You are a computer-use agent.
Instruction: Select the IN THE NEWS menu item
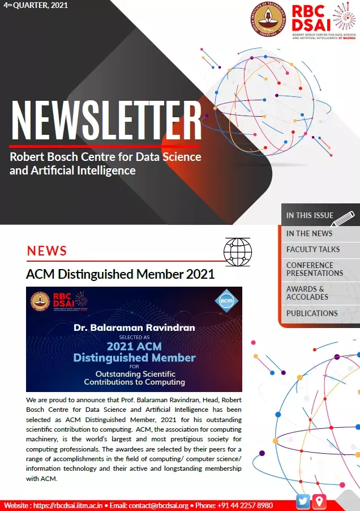(x=309, y=233)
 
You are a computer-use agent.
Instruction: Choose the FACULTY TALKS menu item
(x=313, y=249)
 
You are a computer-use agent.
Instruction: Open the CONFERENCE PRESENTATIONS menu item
(x=314, y=269)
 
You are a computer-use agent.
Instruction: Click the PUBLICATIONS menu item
(x=312, y=313)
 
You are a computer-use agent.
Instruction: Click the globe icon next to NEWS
(x=237, y=251)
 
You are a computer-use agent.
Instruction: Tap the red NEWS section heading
(x=47, y=251)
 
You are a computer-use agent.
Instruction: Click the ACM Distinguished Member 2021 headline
(x=120, y=275)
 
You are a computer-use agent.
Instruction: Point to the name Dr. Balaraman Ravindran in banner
(x=135, y=327)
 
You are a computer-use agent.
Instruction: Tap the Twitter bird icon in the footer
(x=303, y=501)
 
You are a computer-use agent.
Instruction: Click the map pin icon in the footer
(x=320, y=501)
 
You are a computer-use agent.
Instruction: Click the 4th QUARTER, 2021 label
(x=36, y=6)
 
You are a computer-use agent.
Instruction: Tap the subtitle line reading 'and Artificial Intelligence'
(x=72, y=170)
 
